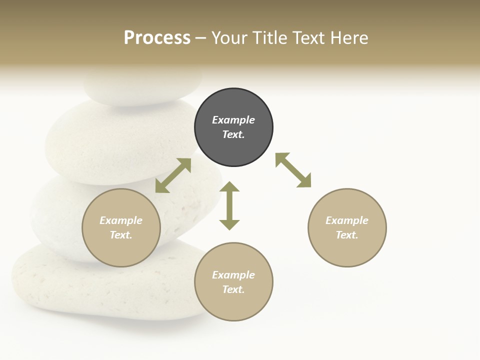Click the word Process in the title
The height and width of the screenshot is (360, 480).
click(x=157, y=38)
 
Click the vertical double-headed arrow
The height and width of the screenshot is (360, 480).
click(x=229, y=206)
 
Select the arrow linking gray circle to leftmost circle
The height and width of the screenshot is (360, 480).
click(x=173, y=175)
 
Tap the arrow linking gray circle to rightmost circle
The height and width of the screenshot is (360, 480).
click(x=293, y=170)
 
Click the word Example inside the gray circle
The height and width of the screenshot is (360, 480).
click(x=233, y=120)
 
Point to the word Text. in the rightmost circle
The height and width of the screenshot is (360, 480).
click(x=346, y=235)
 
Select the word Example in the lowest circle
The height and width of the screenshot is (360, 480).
click(x=233, y=275)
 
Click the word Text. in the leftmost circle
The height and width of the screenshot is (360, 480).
click(x=121, y=235)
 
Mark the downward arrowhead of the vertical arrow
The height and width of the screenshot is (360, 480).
click(x=229, y=224)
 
